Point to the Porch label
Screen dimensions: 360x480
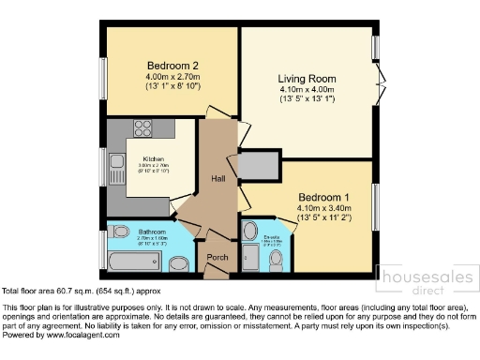click(x=217, y=257)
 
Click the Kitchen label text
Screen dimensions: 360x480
click(x=154, y=158)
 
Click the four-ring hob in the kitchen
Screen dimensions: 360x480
click(x=143, y=129)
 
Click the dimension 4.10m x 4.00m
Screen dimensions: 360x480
click(x=306, y=90)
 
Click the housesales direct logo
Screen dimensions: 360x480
click(x=422, y=280)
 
